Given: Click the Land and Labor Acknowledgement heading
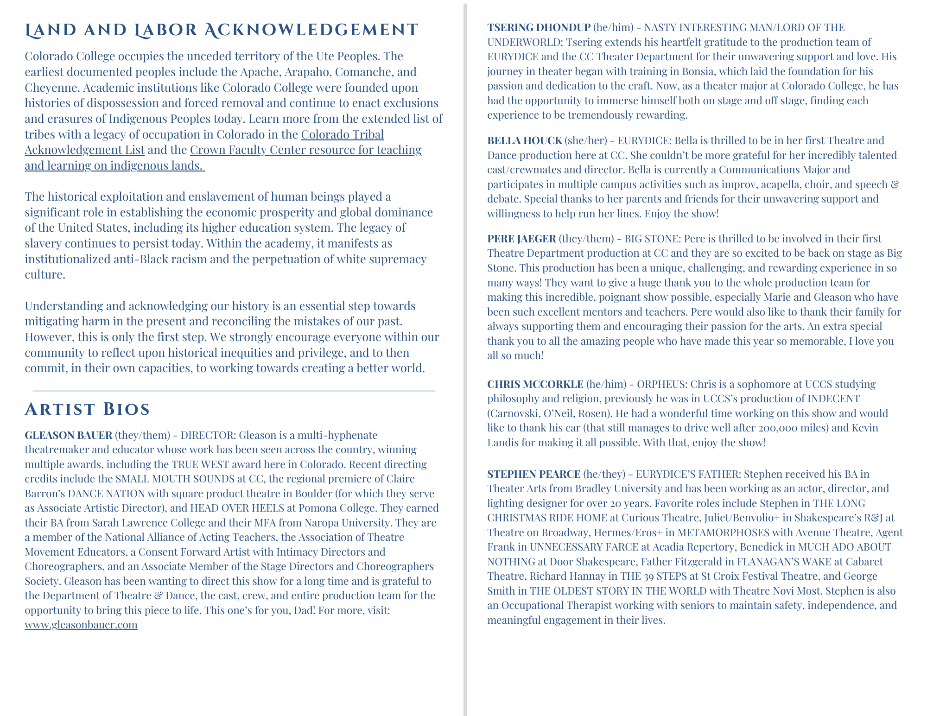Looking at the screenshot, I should tap(221, 31).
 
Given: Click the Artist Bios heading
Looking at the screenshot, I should tap(88, 410).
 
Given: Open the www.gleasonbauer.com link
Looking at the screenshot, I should tap(81, 625).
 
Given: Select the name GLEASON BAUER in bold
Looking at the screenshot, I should tap(69, 435).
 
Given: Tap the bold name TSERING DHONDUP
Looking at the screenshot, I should tap(539, 28).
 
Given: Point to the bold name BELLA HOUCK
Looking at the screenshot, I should tap(524, 140).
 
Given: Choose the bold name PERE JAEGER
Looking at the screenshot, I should tap(521, 239).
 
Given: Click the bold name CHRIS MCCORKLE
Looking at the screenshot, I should tap(535, 384).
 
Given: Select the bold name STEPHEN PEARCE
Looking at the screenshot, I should tap(533, 474).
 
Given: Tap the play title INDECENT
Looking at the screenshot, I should tap(833, 399).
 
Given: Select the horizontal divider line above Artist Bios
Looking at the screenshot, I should tap(234, 391).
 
